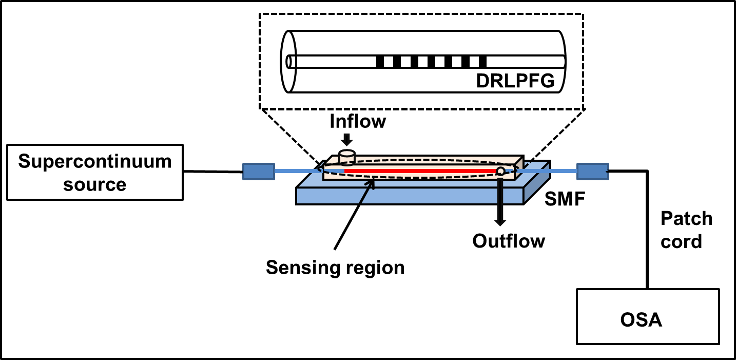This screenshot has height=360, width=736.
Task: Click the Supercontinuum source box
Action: point(95,172)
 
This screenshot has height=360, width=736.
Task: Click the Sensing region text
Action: point(335,267)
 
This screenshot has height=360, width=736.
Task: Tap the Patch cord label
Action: point(686,230)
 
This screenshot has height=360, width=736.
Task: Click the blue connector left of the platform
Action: point(258,171)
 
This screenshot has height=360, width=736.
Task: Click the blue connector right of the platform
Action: point(592,171)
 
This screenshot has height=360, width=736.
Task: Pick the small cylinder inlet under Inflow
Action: point(347,157)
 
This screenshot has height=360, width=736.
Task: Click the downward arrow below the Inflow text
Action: point(347,139)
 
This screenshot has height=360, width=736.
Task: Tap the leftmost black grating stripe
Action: point(380,62)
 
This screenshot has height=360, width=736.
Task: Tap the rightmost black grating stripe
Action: point(482,62)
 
